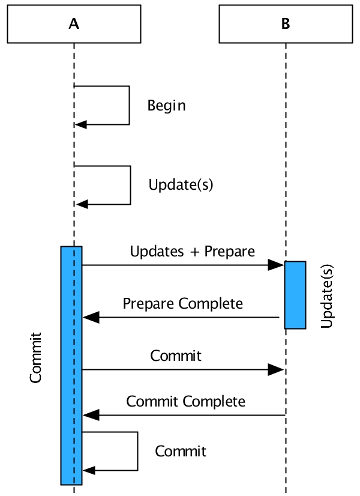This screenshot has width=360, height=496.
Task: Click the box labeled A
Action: (74, 24)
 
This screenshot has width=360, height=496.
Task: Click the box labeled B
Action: (286, 24)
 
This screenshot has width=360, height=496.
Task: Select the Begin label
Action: (166, 106)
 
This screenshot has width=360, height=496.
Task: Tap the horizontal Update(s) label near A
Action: (181, 185)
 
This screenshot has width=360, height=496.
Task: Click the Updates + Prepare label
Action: (193, 251)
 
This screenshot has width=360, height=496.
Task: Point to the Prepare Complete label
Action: (183, 303)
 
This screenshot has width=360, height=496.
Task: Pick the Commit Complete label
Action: (185, 401)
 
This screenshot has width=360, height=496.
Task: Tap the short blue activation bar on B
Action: (295, 295)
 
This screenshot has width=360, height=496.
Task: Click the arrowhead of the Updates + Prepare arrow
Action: (277, 265)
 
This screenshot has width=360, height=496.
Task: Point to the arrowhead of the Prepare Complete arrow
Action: (90, 317)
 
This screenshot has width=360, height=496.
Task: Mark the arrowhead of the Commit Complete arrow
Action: (90, 414)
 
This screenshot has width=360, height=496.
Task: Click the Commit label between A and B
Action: (176, 355)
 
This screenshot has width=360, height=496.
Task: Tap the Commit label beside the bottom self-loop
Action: (181, 451)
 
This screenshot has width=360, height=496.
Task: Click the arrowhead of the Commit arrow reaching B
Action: (276, 369)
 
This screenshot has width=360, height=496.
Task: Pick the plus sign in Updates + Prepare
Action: (194, 252)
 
